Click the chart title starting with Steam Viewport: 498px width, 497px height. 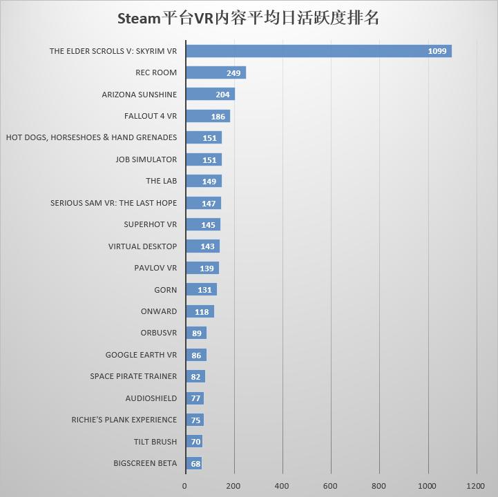(249, 19)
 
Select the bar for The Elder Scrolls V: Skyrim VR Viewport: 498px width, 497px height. (318, 51)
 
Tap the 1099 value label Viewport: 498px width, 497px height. (437, 51)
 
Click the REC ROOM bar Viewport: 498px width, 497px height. (216, 72)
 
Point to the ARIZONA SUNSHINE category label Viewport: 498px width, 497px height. (139, 95)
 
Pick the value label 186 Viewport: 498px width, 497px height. (218, 117)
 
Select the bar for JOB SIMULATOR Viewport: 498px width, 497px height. (204, 159)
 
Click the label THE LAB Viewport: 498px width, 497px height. (161, 181)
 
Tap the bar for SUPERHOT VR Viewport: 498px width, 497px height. (203, 224)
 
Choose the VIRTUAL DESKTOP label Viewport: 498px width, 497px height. (142, 246)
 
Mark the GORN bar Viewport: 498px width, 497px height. (201, 290)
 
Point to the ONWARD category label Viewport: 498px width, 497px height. (158, 311)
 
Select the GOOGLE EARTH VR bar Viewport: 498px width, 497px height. (196, 355)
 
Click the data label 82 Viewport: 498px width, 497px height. (195, 377)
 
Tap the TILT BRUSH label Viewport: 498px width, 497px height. (155, 442)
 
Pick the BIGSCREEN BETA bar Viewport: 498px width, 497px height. (194, 463)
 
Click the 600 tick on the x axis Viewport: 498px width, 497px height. (331, 485)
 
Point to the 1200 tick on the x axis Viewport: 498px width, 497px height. (476, 485)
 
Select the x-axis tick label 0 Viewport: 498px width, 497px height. (184, 485)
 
